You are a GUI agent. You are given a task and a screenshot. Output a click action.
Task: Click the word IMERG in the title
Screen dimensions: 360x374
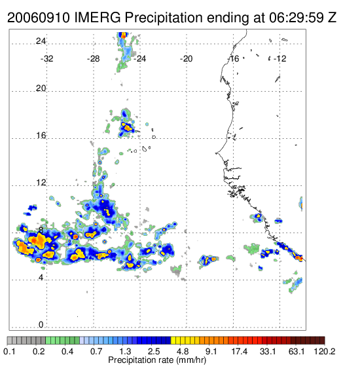click(x=98, y=18)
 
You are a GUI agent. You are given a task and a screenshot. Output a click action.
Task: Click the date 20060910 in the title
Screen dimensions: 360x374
click(x=39, y=18)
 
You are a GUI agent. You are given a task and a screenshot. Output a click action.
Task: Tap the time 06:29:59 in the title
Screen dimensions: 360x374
click(x=297, y=18)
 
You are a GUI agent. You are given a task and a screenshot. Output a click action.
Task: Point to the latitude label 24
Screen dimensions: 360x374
click(x=41, y=41)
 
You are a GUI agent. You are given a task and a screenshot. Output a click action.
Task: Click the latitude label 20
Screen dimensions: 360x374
click(x=41, y=88)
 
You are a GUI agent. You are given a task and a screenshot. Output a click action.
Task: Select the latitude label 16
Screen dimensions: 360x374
click(x=41, y=136)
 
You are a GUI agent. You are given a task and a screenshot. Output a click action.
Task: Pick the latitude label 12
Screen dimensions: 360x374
click(x=41, y=183)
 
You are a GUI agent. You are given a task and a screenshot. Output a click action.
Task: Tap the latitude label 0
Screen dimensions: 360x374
click(x=41, y=324)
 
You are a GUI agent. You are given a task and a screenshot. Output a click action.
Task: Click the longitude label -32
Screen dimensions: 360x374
click(x=46, y=59)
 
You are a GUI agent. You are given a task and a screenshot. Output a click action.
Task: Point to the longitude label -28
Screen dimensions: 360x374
click(x=93, y=59)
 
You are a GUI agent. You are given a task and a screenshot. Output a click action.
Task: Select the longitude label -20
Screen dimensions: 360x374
click(x=186, y=59)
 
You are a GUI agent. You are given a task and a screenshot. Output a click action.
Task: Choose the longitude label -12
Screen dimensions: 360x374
click(x=279, y=59)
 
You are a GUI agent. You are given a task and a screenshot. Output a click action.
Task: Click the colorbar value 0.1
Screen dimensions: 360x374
click(x=9, y=351)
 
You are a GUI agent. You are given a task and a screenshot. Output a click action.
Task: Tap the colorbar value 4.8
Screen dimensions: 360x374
click(x=183, y=351)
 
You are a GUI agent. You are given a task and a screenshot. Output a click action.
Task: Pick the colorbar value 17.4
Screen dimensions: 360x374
click(x=239, y=351)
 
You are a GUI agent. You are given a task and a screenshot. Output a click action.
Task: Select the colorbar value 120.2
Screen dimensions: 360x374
click(x=325, y=351)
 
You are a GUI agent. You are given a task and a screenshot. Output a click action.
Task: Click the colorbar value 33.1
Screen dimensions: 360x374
click(x=268, y=351)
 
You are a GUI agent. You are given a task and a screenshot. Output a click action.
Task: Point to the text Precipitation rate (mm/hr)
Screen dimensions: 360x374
click(x=157, y=360)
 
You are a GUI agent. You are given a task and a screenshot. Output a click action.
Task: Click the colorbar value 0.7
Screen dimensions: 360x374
click(x=97, y=351)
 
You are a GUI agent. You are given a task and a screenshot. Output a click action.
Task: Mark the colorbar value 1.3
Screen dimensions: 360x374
click(x=125, y=351)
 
